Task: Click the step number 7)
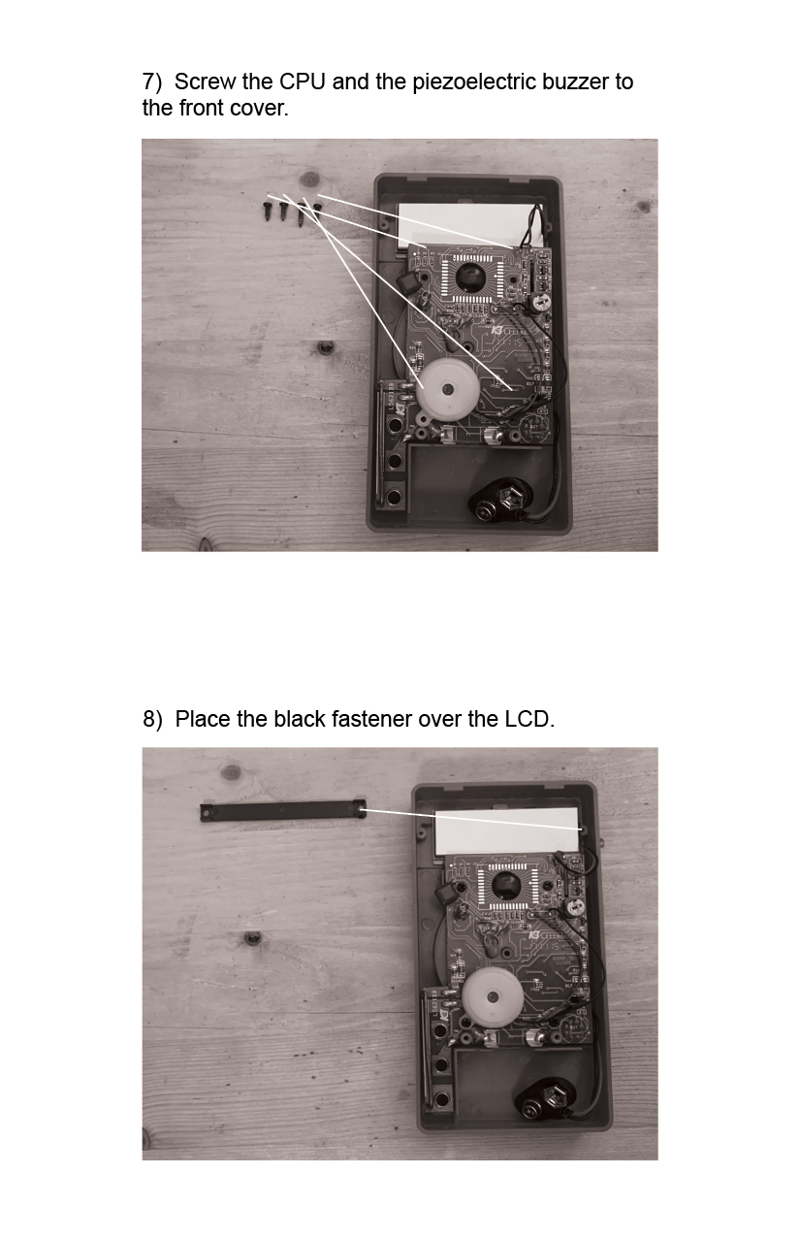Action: (x=152, y=81)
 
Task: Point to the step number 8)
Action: (x=152, y=719)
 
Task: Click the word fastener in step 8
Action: (x=371, y=719)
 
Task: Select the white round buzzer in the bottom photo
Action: (x=492, y=997)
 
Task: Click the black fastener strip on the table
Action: (x=283, y=811)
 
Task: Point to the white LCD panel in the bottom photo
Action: (x=507, y=830)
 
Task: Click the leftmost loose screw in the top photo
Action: (x=268, y=211)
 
